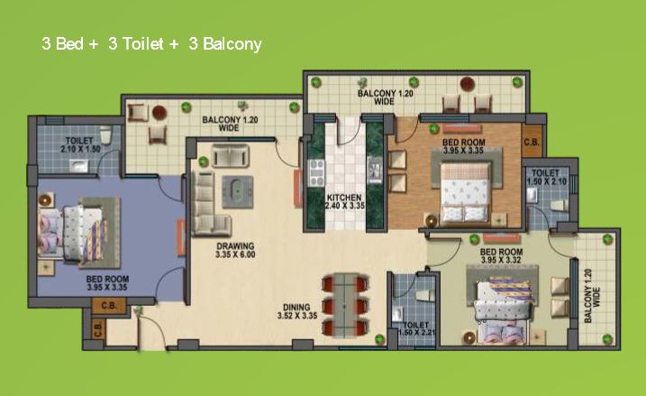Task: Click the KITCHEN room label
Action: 344,198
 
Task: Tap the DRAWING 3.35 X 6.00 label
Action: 235,251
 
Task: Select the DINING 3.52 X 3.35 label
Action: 297,311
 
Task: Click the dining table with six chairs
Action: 345,306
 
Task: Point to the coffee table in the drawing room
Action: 238,192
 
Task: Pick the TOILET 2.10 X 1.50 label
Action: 80,145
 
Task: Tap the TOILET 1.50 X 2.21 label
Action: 415,328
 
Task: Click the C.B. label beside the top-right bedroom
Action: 532,143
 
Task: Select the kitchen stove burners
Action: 316,173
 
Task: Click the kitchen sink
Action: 375,169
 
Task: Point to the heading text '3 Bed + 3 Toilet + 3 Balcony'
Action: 151,44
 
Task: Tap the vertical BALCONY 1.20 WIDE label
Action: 592,295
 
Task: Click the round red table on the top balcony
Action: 468,84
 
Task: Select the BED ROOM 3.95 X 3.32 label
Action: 501,256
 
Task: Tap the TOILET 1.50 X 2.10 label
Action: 546,177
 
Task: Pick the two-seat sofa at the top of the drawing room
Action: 231,155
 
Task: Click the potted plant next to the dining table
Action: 380,339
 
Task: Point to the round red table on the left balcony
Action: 159,112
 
